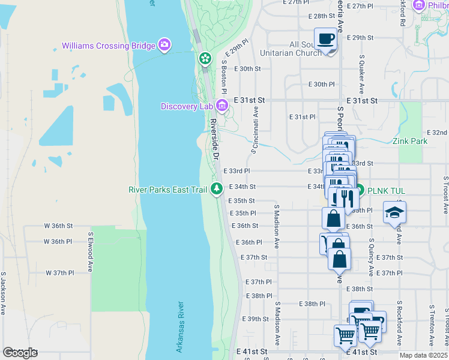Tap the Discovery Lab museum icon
click(222, 106)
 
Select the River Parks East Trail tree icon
click(217, 189)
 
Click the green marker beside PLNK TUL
click(360, 191)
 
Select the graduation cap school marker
click(395, 213)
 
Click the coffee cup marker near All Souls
click(325, 39)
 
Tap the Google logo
click(20, 353)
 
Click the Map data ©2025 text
click(423, 355)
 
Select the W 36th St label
click(58, 226)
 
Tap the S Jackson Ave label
click(3, 293)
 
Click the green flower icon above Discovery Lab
click(205, 58)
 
